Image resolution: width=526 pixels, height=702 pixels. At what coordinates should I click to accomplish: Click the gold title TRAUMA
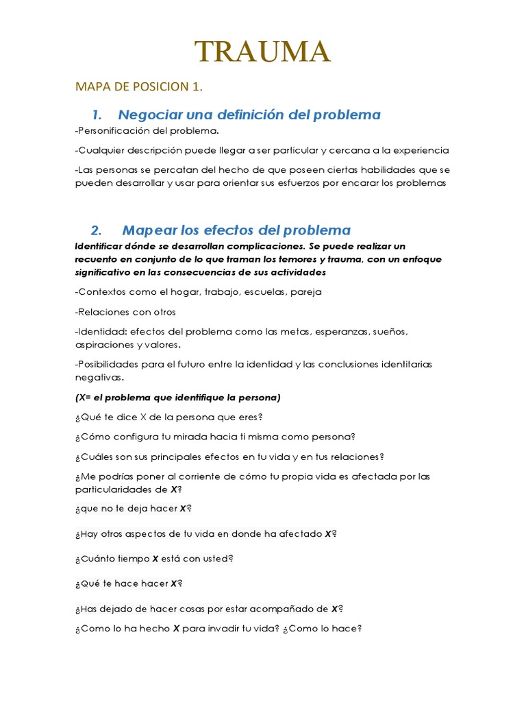click(263, 52)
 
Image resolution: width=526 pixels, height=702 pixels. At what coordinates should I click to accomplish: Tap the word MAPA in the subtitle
click(92, 87)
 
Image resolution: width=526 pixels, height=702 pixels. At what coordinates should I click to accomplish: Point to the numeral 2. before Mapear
click(96, 230)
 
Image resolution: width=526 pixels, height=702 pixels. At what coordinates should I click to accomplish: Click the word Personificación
click(112, 130)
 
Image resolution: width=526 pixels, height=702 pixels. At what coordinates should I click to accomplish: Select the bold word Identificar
click(102, 246)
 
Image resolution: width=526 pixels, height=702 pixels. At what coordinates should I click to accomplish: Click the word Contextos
click(102, 292)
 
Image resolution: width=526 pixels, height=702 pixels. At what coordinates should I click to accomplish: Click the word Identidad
click(100, 332)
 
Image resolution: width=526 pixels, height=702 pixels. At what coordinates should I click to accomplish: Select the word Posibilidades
click(107, 364)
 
